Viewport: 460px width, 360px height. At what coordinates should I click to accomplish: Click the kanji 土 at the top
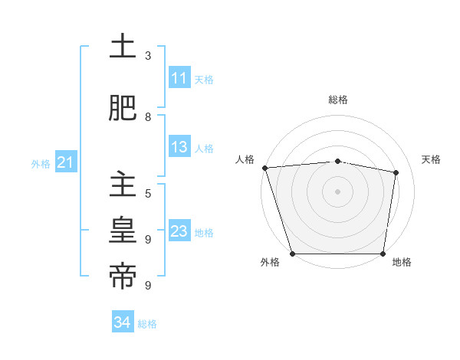123,47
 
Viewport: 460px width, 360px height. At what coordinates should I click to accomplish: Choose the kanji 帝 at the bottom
123,277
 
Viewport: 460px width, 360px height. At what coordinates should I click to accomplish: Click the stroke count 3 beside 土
148,56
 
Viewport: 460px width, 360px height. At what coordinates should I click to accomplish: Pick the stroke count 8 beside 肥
148,116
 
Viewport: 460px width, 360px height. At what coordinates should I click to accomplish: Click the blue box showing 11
179,78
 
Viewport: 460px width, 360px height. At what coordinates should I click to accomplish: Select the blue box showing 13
179,147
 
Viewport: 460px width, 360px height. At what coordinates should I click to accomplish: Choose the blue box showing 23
179,231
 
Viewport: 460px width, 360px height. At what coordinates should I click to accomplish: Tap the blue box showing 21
65,162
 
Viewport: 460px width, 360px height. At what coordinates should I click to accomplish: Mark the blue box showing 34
122,322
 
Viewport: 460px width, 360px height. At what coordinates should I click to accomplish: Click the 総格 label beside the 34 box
147,324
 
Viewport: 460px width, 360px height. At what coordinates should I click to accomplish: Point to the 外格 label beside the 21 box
41,163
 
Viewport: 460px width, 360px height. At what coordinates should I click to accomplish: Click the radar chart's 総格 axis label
338,100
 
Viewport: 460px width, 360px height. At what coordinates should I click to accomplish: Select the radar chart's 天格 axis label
432,159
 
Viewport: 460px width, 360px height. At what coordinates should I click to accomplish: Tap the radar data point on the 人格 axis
264,168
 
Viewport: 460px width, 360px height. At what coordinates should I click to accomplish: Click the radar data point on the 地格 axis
383,254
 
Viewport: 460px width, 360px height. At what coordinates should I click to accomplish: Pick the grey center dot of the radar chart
338,191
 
